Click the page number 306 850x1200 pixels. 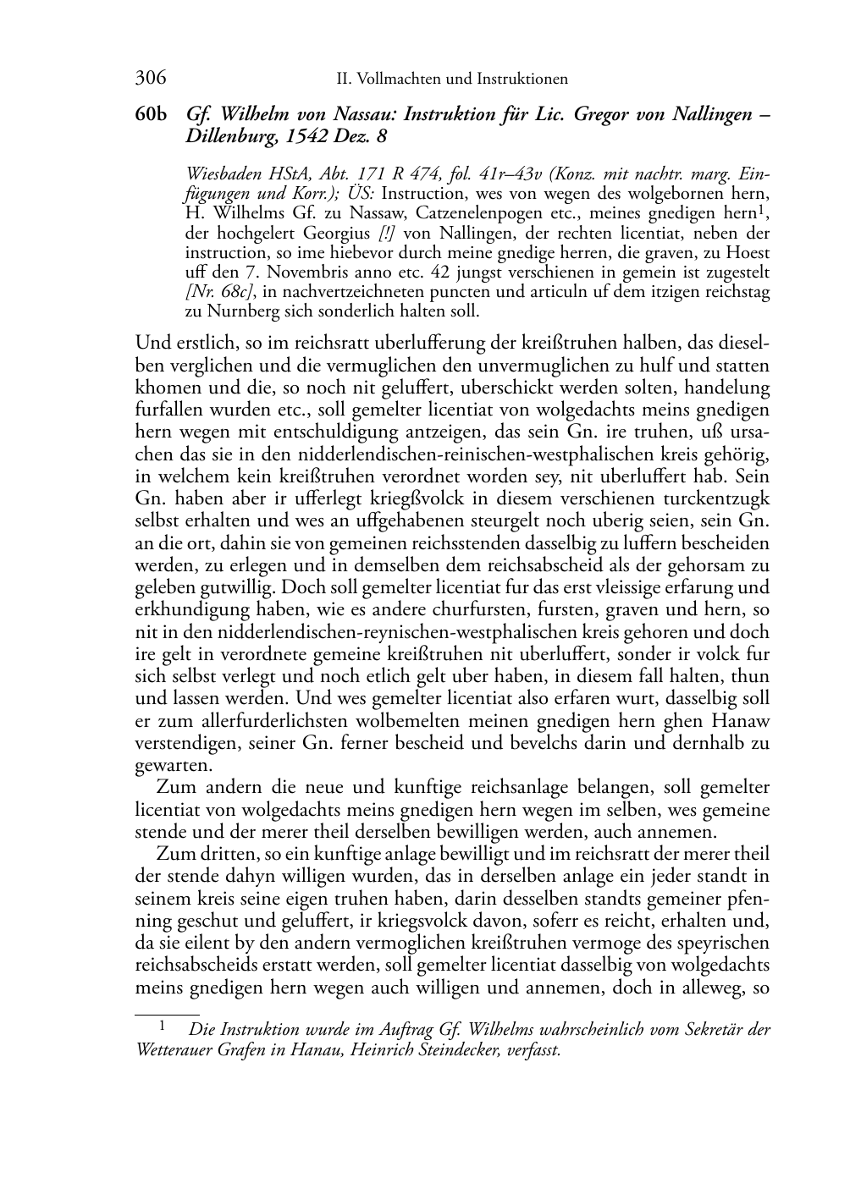tap(150, 79)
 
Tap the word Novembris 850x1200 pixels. tap(279, 272)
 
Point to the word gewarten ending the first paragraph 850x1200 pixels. tap(162, 766)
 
